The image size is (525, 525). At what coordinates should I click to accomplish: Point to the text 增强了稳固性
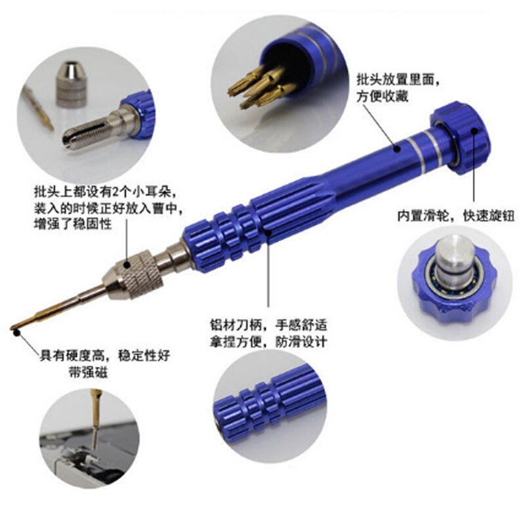coord(73,224)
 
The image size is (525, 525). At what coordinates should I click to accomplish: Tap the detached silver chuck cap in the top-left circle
coord(72,84)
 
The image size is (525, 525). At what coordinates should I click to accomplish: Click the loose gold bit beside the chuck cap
coord(39,108)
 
